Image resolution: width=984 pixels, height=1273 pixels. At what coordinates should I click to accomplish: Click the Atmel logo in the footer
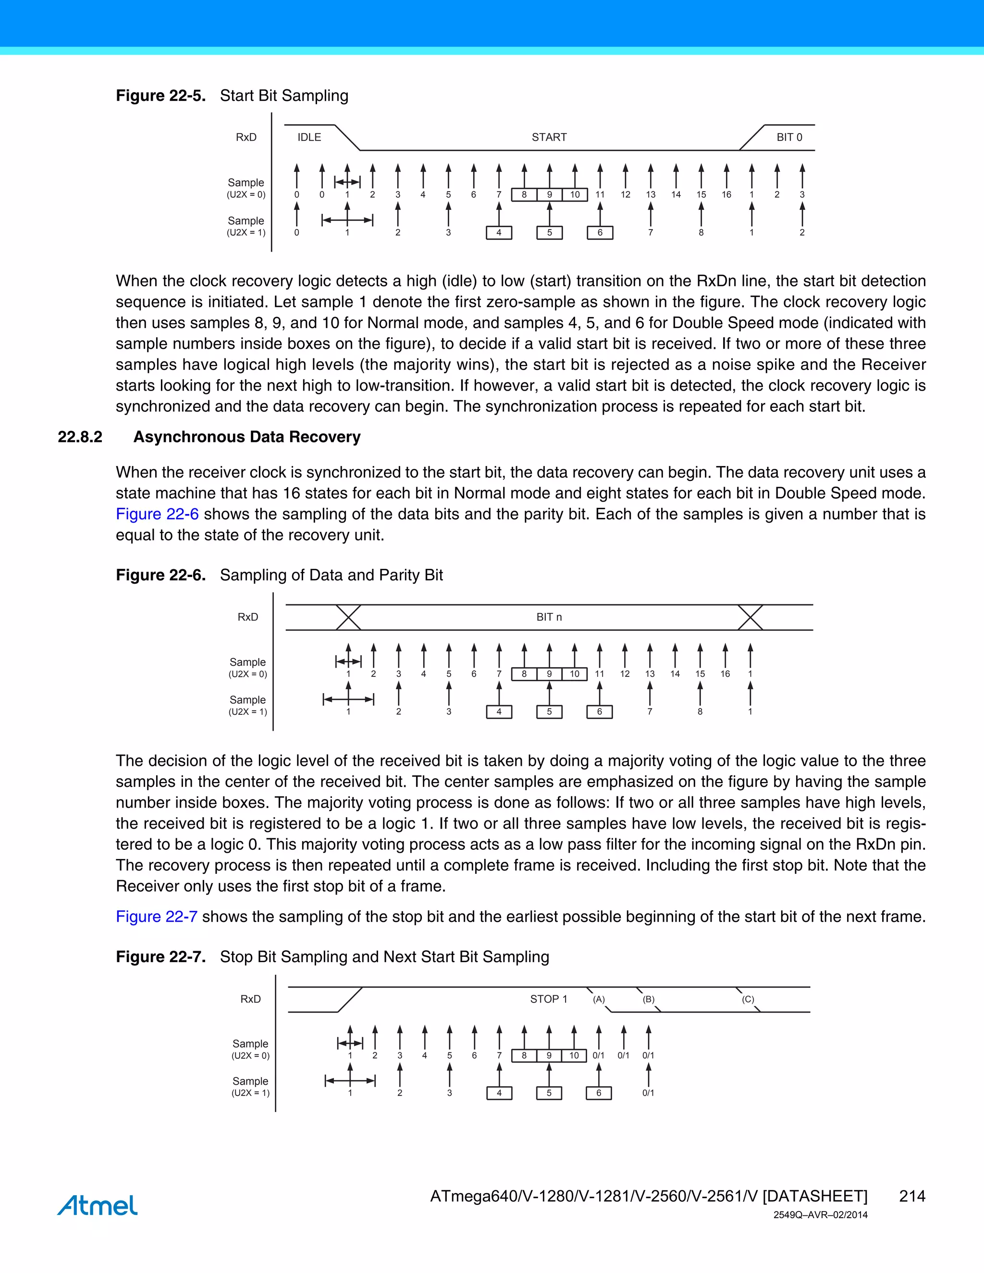click(x=98, y=1205)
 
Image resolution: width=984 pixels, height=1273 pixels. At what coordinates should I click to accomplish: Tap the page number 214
click(x=912, y=1196)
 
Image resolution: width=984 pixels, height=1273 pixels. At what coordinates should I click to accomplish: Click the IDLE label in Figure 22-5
click(x=309, y=137)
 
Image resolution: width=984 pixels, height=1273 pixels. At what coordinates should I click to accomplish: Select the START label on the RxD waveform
click(x=549, y=137)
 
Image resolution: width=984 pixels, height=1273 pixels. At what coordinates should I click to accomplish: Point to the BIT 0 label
click(x=789, y=137)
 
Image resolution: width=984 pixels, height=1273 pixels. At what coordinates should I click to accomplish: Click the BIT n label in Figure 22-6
click(x=549, y=617)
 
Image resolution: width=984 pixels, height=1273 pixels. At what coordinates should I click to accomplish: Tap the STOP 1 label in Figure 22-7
click(x=548, y=999)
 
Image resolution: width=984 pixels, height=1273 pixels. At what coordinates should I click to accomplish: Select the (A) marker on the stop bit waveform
click(x=599, y=999)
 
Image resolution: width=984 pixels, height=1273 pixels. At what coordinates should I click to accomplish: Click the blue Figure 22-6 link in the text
click(x=157, y=514)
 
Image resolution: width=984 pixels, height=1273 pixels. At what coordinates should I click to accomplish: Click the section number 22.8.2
click(x=80, y=437)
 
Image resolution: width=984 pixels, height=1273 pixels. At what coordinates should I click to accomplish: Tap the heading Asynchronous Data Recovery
click(x=246, y=437)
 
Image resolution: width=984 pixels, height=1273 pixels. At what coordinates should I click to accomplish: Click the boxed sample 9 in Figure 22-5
click(x=549, y=195)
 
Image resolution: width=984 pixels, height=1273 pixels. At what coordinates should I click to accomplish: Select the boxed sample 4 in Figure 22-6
click(x=499, y=712)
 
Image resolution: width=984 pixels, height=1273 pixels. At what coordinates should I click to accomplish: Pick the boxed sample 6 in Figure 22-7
click(x=598, y=1093)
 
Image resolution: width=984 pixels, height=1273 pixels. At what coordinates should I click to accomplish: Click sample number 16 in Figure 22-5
click(x=726, y=195)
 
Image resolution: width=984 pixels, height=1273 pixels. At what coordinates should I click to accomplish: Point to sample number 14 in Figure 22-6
click(x=675, y=674)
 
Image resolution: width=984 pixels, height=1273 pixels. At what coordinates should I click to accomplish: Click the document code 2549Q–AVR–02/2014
click(x=820, y=1215)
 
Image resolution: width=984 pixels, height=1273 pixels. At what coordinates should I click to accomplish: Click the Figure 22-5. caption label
click(x=160, y=96)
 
